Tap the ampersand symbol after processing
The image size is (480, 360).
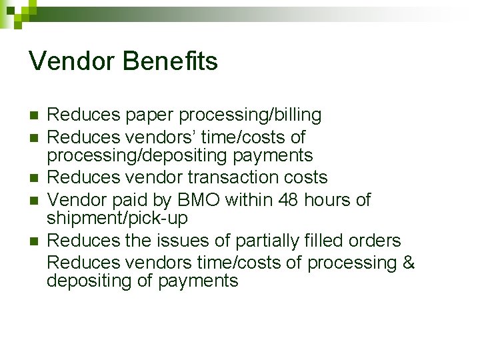point(408,263)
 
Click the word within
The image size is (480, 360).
point(246,199)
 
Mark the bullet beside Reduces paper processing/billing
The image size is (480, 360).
point(33,116)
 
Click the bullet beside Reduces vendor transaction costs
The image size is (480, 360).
point(33,178)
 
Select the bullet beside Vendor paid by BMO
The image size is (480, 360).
point(33,200)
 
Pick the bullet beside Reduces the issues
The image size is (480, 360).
point(33,241)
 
